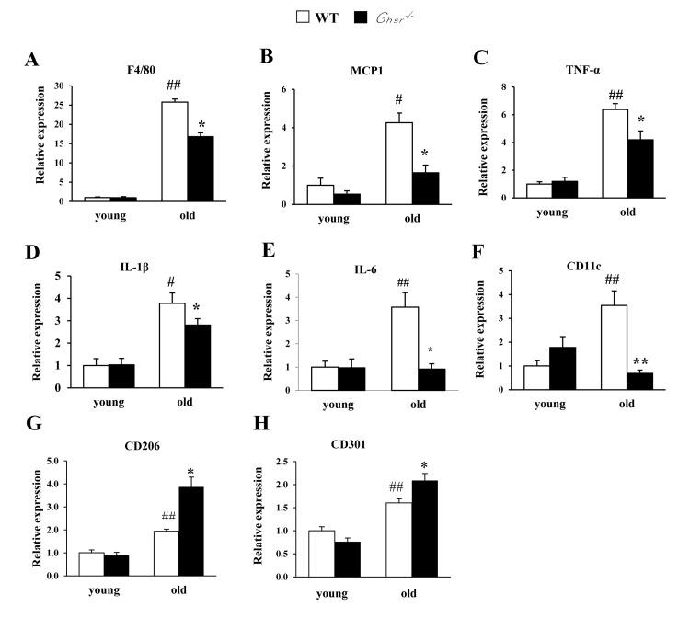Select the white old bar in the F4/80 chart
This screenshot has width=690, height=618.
pyautogui.click(x=175, y=152)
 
